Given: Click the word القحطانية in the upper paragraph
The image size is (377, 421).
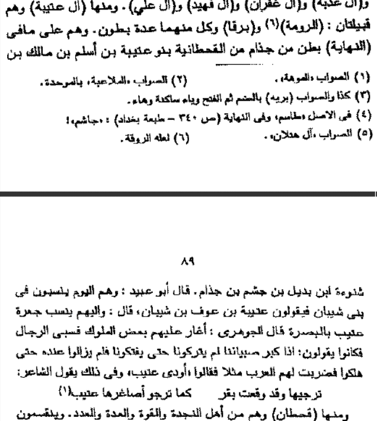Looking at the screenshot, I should point(212,46).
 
